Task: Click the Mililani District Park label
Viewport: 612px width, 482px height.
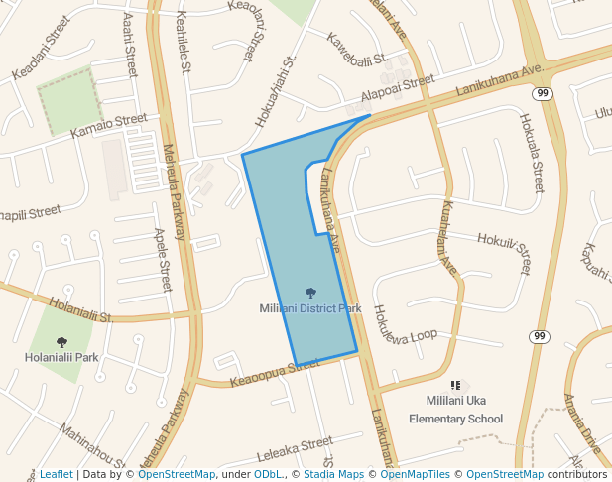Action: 310,308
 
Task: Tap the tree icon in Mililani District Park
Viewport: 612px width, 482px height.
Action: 310,293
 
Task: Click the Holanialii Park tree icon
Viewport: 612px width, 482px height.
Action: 61,342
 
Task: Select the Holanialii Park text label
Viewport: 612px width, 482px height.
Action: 61,357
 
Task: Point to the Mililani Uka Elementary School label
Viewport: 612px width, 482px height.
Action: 455,409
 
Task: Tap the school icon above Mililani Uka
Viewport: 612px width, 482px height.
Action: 455,385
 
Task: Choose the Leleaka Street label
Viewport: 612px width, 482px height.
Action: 295,449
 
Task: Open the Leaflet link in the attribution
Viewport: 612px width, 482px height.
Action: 57,475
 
